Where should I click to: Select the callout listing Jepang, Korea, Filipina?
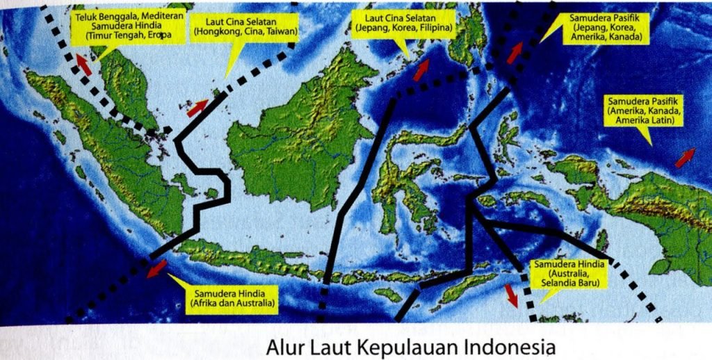point(403,23)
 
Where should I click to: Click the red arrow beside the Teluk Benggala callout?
point(84,65)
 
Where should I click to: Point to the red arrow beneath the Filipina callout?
point(422,70)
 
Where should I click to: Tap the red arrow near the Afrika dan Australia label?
point(156,268)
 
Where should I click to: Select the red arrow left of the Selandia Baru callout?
point(512,294)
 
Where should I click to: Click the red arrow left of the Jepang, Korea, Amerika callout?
point(515,53)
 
